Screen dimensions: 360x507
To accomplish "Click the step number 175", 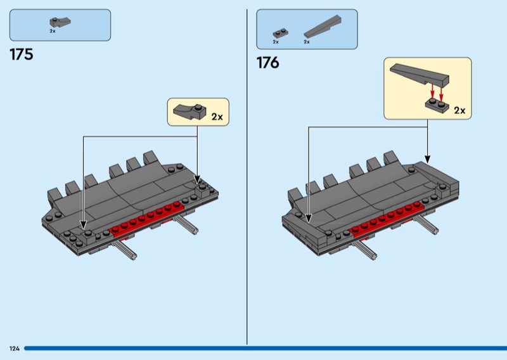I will (x=22, y=55).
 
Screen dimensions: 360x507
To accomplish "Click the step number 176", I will (x=267, y=63).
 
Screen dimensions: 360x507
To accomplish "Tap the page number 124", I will (x=14, y=349).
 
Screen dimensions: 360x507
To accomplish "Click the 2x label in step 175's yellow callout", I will (x=217, y=117).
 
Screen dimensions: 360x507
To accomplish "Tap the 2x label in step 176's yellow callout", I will (x=459, y=110).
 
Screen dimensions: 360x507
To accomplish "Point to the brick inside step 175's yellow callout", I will (x=190, y=113).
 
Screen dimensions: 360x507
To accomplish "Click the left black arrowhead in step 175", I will (x=82, y=222).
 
